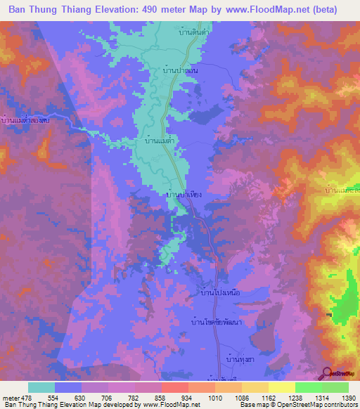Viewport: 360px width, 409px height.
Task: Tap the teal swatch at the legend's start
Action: point(41,387)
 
